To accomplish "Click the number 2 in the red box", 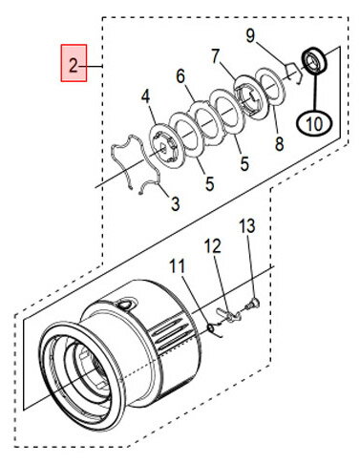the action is (x=74, y=66).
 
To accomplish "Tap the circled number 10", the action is (x=314, y=123).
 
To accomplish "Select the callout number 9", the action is (x=250, y=35).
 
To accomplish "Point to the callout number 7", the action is (x=216, y=57).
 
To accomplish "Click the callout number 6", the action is (x=180, y=76).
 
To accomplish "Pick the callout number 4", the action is (x=145, y=96).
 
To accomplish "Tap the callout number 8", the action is (x=279, y=144).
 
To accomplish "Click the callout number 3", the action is (x=176, y=203).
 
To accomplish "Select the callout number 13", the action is (x=247, y=225).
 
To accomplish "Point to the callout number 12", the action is (x=212, y=246).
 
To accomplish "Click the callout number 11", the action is (x=177, y=266).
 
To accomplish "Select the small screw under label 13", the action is (x=252, y=304).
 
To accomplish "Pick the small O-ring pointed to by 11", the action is (x=211, y=327).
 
